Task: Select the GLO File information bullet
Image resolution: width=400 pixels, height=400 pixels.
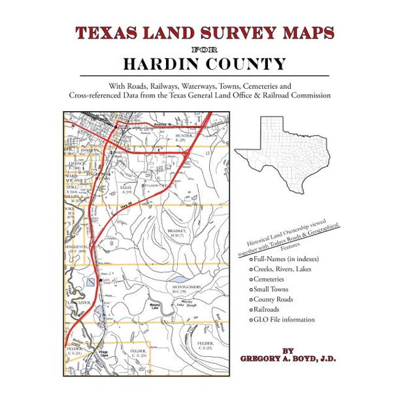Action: coord(284,320)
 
